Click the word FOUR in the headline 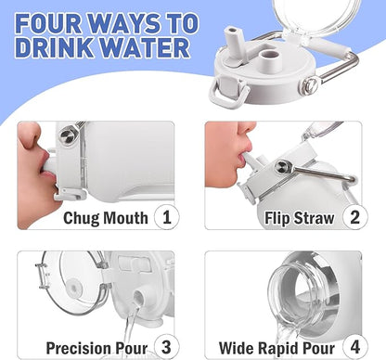click(48, 23)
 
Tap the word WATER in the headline click(146, 47)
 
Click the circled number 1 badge click(167, 217)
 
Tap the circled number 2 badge click(354, 217)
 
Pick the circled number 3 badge click(167, 347)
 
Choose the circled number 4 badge click(355, 347)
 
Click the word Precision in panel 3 click(79, 348)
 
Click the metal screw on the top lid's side click(310, 86)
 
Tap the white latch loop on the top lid click(228, 92)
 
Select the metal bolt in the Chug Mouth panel click(68, 135)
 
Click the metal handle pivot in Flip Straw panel click(283, 166)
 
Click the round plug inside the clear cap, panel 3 click(74, 288)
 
